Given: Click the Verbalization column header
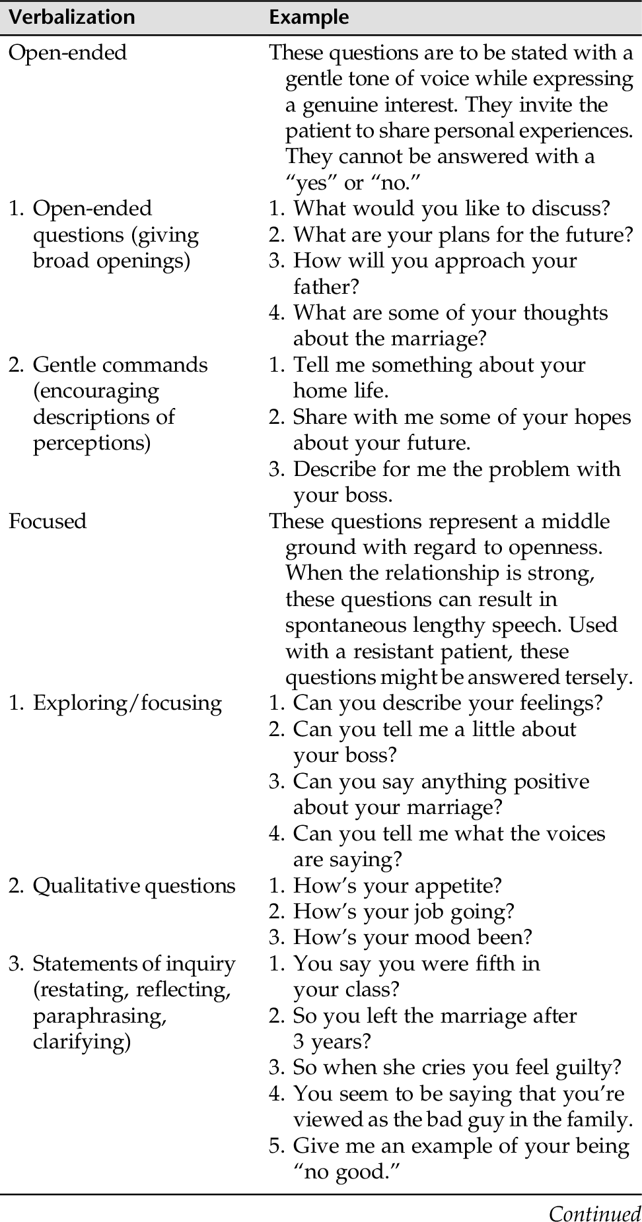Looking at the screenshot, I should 71,17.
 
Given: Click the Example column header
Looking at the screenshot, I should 308,17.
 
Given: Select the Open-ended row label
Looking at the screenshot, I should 67,53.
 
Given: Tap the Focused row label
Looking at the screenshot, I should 48,522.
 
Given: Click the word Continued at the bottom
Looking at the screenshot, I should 594,1213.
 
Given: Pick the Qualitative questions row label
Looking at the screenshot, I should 133,886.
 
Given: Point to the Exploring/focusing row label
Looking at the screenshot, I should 127,703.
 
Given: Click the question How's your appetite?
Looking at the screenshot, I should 397,886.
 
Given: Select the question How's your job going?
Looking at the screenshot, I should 403,912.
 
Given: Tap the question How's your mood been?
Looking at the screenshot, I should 412,937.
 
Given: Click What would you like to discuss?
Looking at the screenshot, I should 451,209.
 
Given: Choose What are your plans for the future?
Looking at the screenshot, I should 462,234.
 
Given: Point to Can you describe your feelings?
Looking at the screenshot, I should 448,703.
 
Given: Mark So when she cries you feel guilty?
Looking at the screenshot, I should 457,1068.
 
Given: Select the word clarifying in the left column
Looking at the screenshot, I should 82,1042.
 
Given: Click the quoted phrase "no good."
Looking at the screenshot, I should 346,1172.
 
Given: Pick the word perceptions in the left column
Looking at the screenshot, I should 92,443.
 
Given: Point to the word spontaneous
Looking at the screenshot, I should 346,625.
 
